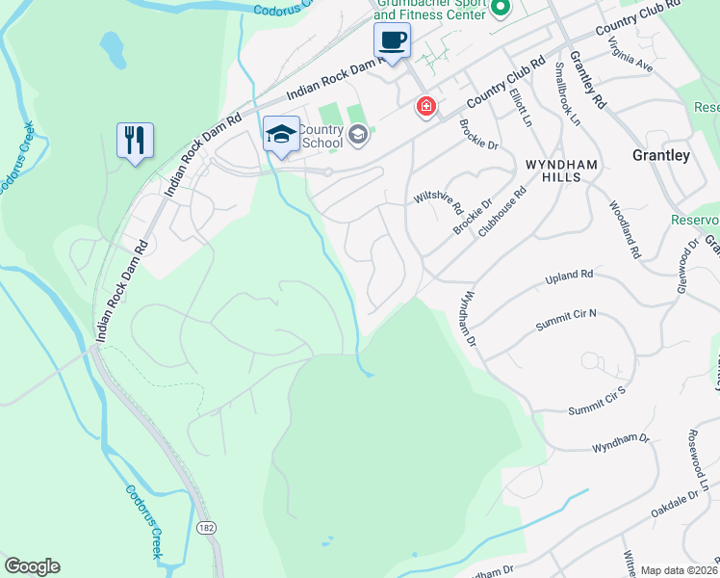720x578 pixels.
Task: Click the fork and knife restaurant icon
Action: tap(134, 140)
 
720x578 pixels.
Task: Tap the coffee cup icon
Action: tap(392, 41)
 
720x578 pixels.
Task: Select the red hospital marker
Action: tap(424, 106)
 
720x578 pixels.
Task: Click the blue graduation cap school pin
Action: tap(281, 135)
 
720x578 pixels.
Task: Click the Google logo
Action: tap(32, 566)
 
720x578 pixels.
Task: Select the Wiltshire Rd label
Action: tap(439, 200)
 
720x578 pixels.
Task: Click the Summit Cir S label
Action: tap(597, 400)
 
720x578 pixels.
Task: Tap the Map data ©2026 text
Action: tap(679, 570)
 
